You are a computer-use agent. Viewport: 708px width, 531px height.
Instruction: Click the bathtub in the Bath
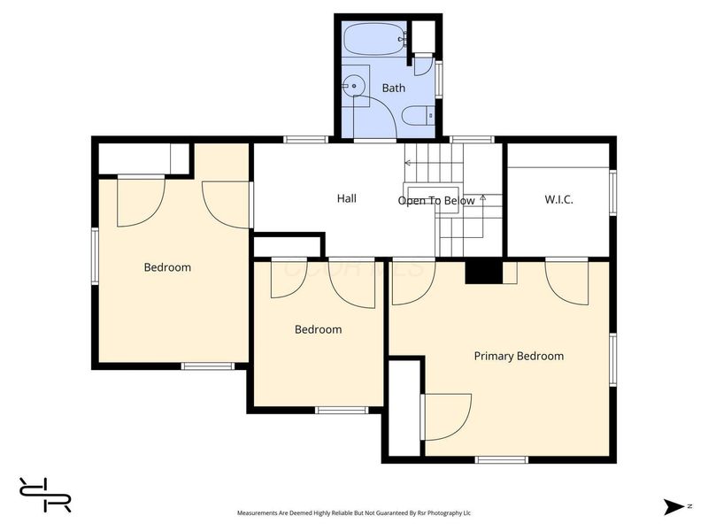coord(374,39)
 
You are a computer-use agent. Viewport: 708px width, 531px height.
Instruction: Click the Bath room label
coord(394,88)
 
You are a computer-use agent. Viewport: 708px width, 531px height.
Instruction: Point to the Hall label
coord(347,198)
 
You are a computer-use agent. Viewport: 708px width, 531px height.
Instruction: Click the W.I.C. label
coord(559,200)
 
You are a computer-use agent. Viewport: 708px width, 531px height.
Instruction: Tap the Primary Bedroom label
coord(519,357)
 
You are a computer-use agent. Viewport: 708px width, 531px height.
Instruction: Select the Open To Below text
coord(436,201)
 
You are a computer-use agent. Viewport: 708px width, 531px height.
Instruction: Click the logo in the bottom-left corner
coord(45,495)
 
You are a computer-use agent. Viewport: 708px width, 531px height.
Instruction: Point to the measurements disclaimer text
coord(354,513)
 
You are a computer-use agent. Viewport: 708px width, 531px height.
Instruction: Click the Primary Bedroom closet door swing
coord(446,417)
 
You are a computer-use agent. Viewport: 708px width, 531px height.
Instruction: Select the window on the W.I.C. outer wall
coord(612,192)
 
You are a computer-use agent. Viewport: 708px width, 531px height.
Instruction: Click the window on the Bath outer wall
coord(438,79)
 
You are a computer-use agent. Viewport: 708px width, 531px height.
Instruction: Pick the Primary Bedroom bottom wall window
coord(501,459)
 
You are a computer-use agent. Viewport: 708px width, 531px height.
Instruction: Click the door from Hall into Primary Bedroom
coord(413,281)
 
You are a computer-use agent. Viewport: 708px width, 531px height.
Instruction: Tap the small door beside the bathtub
coord(424,64)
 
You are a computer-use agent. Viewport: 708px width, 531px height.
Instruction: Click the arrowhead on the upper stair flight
coord(407,163)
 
